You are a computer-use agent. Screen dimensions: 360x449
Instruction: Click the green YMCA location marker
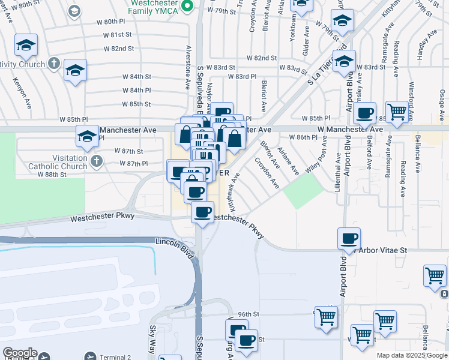(x=187, y=6)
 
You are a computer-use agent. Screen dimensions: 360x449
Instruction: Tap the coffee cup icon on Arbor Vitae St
(x=349, y=239)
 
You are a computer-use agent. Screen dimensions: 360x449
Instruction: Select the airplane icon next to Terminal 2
(x=90, y=356)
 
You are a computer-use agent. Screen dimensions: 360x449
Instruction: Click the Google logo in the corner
(x=20, y=353)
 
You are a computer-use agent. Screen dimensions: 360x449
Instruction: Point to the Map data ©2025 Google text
(x=412, y=355)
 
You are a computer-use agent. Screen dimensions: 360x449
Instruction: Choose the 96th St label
(x=248, y=314)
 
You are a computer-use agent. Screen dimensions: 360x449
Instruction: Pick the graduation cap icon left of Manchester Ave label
(x=87, y=137)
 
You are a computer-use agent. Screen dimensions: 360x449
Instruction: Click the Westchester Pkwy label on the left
(x=102, y=217)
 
